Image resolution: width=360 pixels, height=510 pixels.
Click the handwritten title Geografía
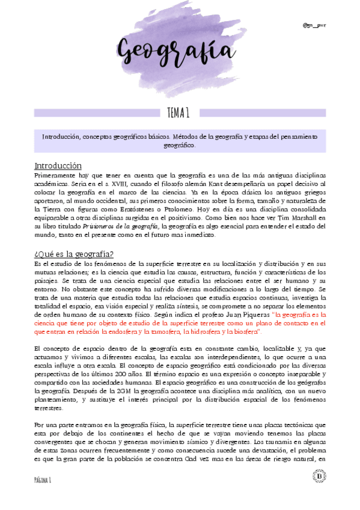pos(179,51)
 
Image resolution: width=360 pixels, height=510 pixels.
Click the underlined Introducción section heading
pos(58,165)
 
